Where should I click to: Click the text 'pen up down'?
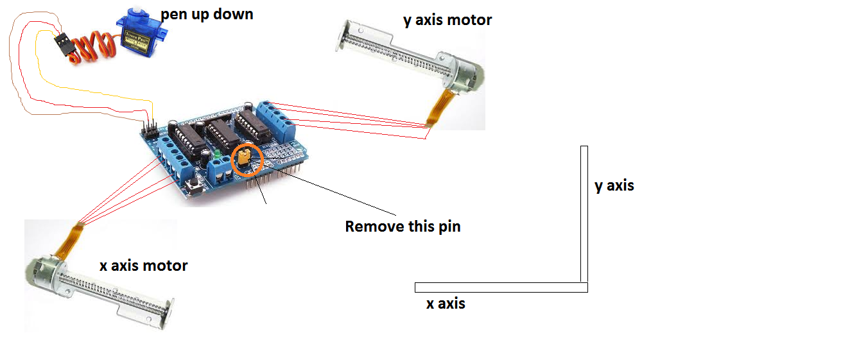pos(207,13)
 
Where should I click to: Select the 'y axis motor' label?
pos(447,20)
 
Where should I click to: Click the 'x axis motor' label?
pos(144,265)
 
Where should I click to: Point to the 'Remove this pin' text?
pos(403,227)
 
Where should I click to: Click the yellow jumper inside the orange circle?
pos(244,158)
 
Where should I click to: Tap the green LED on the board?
pos(218,155)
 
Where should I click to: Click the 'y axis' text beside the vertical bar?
pos(614,185)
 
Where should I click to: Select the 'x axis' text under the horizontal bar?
pos(446,304)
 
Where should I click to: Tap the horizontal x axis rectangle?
pos(501,287)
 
